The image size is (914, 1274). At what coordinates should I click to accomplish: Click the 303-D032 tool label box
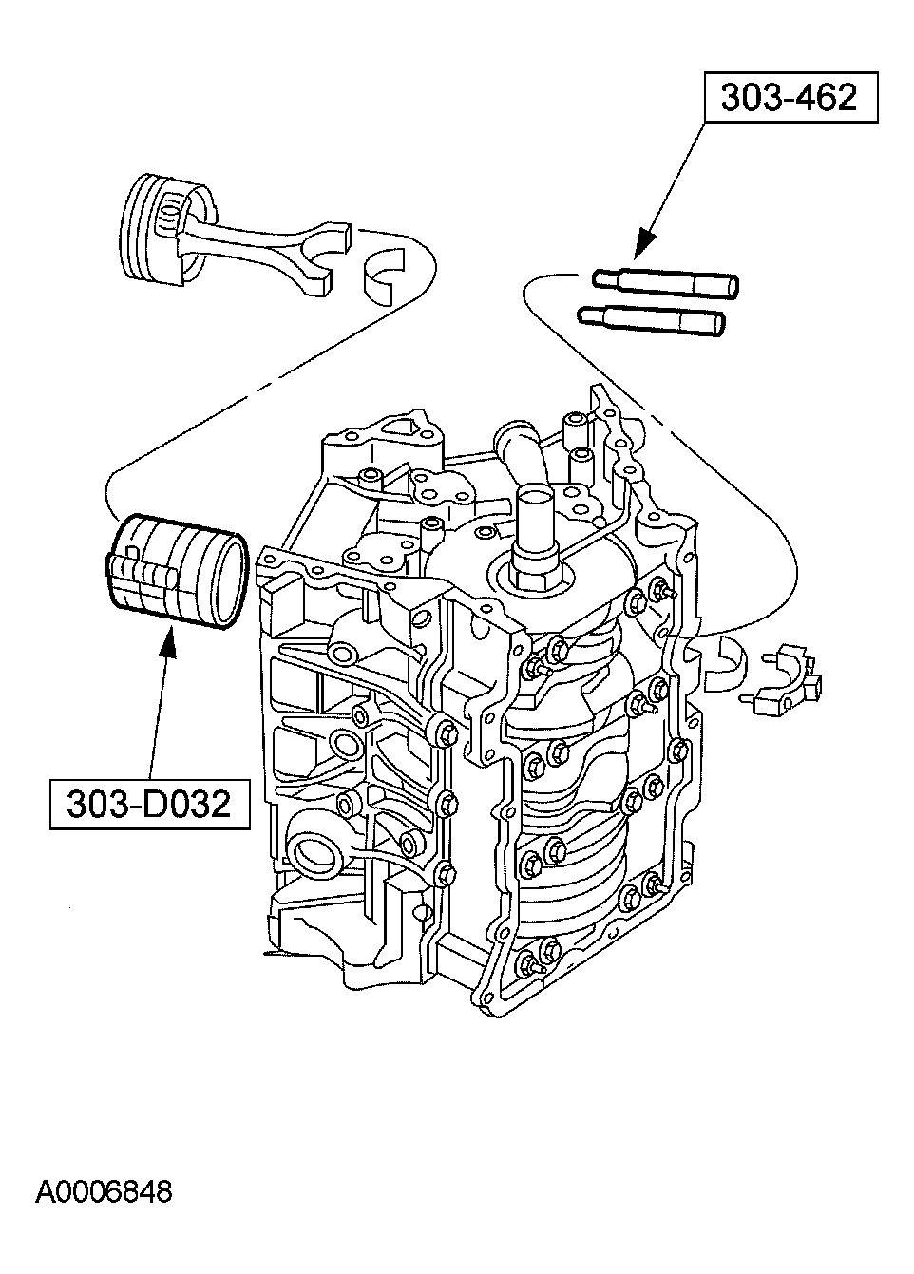tap(148, 804)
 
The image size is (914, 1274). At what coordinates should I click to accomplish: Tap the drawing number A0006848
tap(104, 1191)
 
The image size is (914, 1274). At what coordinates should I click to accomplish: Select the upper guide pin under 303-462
tap(664, 282)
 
